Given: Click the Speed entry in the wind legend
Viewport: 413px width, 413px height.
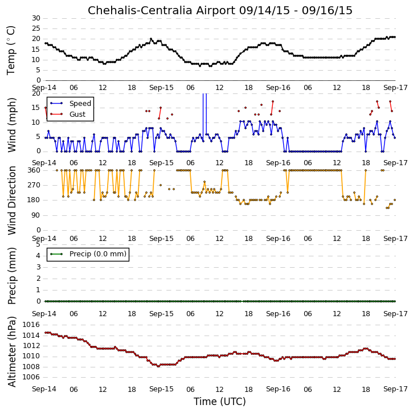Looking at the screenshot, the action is point(80,104).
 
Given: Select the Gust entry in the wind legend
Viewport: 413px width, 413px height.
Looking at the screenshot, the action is point(77,115).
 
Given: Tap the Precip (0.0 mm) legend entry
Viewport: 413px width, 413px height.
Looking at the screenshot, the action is point(98,254).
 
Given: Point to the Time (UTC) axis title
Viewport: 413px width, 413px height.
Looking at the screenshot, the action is point(220,402).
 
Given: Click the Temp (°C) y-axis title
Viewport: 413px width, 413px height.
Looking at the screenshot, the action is point(11,50).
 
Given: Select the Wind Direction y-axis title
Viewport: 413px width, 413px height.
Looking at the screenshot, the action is point(12,201).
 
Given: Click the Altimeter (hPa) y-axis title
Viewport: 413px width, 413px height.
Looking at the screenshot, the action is point(12,352).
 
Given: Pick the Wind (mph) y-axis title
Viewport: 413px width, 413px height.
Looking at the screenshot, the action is point(12,125).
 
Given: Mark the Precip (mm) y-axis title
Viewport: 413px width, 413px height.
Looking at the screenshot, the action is point(12,276).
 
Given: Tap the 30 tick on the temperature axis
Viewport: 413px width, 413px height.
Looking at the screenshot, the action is point(36,18).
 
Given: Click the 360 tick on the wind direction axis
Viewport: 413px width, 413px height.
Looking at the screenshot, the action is point(34,170).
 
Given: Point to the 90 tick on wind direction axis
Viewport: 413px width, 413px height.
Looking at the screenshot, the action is point(36,215).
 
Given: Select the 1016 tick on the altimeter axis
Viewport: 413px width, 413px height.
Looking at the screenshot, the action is point(31,325).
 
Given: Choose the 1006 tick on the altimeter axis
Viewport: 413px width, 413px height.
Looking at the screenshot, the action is point(31,377).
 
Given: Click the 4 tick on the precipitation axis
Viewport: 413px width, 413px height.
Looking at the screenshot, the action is point(38,256).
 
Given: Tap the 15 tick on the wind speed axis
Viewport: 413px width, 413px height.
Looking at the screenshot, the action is point(36,108).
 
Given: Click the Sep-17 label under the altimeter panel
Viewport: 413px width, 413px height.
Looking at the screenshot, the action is point(395,389).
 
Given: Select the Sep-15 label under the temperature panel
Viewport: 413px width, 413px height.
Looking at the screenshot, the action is point(161,88).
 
